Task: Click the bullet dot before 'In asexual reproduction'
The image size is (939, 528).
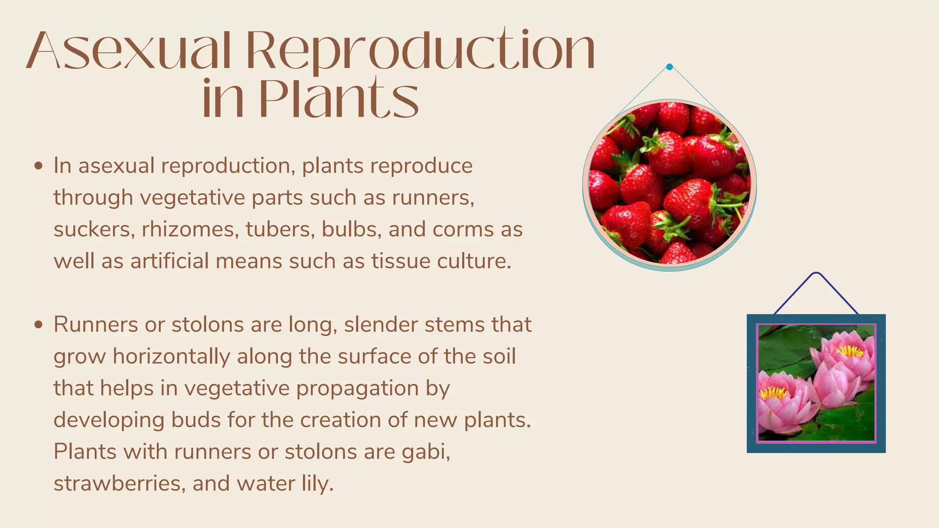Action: point(39,165)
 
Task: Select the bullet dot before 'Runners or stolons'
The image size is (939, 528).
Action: point(39,324)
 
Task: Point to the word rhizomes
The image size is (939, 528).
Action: point(190,229)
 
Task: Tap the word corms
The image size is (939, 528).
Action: point(463,229)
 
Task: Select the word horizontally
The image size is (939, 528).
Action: point(171,357)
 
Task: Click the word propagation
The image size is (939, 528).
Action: point(357,388)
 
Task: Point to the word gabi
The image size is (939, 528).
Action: point(425,451)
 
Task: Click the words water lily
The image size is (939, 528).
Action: point(286,484)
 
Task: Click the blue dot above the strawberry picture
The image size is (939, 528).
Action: point(669,67)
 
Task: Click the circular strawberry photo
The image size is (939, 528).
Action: point(669,183)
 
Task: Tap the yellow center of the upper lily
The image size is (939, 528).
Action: point(850,352)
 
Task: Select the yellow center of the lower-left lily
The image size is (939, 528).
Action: point(774,392)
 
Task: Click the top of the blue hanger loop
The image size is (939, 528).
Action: point(816,274)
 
